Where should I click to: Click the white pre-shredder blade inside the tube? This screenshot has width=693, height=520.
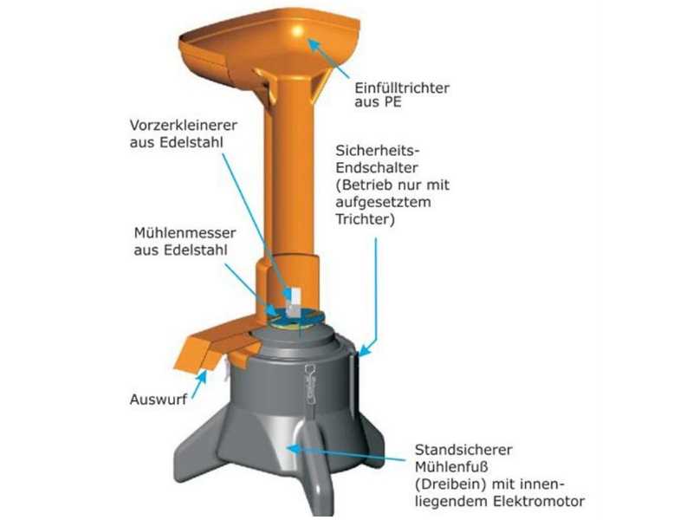294,298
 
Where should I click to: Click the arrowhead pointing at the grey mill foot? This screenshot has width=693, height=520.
292,448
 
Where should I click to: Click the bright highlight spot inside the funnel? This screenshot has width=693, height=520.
299,30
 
